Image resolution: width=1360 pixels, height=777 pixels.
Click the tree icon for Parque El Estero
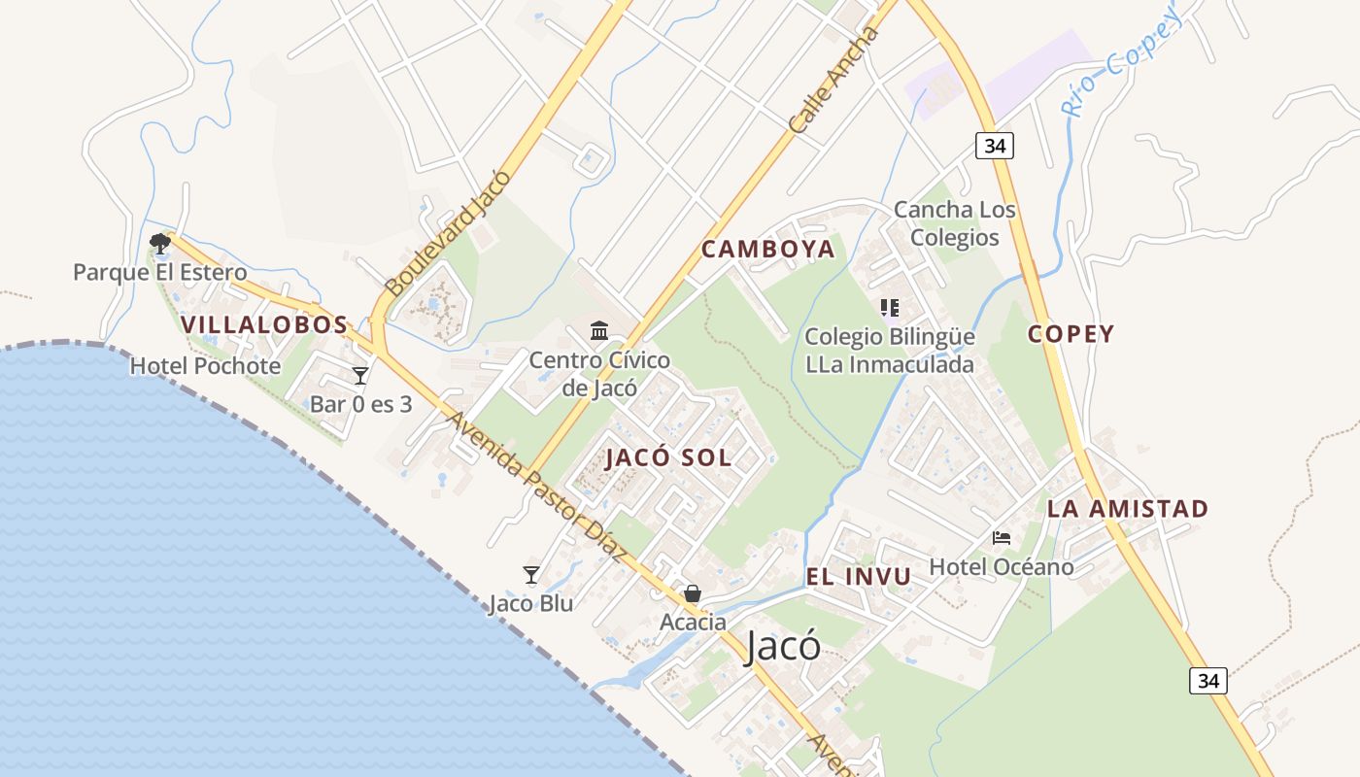point(160,243)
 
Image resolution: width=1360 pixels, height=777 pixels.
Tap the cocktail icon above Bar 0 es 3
point(360,375)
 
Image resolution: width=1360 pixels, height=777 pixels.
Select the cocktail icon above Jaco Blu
point(530,575)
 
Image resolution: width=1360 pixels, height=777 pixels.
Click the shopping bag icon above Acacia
point(693,592)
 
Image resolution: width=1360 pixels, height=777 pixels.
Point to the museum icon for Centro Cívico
point(599,331)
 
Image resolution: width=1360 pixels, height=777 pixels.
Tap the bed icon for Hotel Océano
point(1002,537)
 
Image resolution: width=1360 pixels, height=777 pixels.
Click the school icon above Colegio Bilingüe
point(889,308)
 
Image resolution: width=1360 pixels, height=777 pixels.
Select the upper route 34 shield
point(994,146)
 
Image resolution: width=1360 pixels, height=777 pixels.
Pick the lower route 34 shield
point(1208,680)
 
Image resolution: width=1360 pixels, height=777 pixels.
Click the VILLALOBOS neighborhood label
point(264,324)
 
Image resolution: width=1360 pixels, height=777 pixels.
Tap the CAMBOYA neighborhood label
point(768,250)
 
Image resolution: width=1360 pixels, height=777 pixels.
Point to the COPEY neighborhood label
point(1071,334)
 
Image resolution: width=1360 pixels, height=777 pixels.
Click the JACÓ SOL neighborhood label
point(668,458)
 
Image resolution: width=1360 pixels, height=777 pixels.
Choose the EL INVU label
point(859,577)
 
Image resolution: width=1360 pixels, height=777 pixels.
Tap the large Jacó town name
point(783,647)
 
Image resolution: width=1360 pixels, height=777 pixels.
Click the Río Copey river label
point(1121,60)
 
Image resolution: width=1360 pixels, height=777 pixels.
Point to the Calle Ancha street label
point(833,82)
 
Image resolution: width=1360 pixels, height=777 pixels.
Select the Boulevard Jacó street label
point(448,233)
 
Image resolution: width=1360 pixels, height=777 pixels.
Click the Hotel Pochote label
point(205,366)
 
